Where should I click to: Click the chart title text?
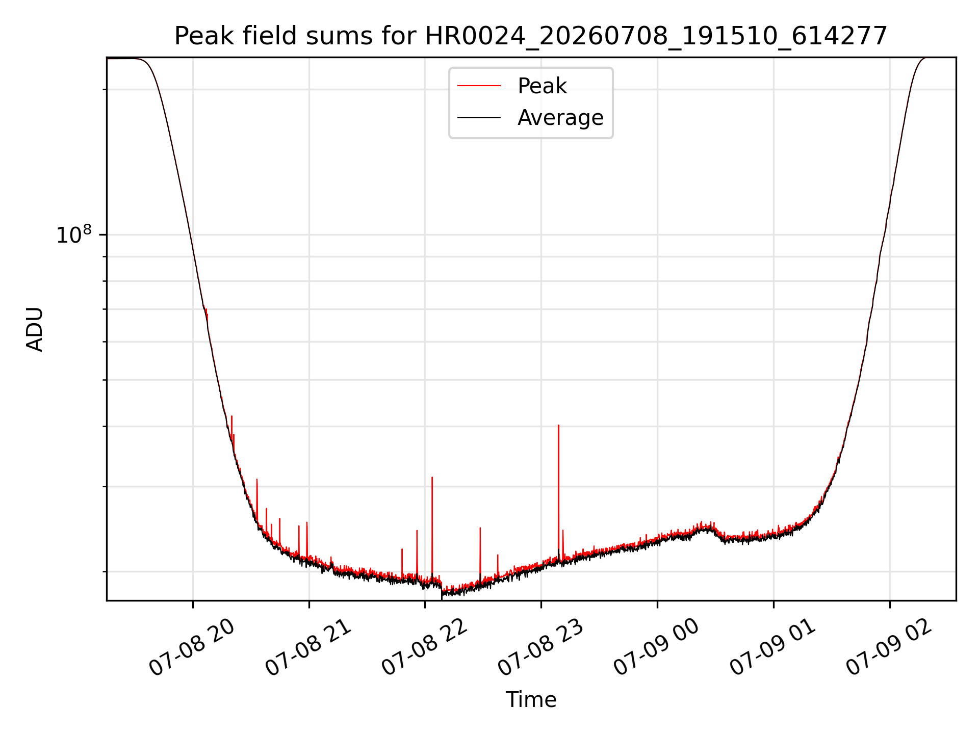tap(531, 36)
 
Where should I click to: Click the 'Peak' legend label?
tap(542, 86)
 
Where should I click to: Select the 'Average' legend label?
tap(560, 118)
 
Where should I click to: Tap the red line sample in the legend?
tap(479, 86)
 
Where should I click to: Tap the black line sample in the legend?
tap(479, 118)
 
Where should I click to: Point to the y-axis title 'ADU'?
tap(35, 329)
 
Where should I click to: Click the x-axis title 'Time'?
tap(531, 700)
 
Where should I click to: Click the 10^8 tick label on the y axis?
tap(74, 234)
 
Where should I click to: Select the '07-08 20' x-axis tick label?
tap(192, 647)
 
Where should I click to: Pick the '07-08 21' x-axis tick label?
tap(308, 647)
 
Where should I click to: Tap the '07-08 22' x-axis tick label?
tap(424, 647)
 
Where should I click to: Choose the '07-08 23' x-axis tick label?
tap(540, 647)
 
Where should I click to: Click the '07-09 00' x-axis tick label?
tap(656, 647)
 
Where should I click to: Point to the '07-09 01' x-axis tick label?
tap(772, 647)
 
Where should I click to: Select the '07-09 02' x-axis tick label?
tap(889, 647)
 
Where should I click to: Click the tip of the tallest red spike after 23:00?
tap(558, 425)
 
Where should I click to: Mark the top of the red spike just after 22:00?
tap(432, 477)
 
